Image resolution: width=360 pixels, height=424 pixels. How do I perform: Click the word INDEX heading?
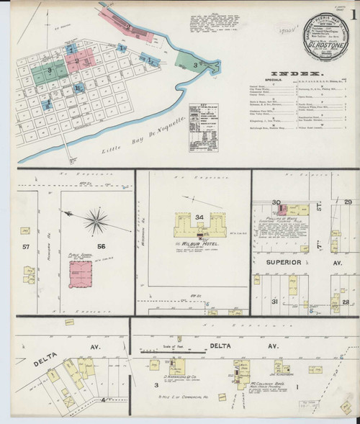click(x=296, y=73)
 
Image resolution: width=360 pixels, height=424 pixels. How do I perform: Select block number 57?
click(x=27, y=247)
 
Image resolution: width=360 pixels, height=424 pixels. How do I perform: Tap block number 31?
click(x=274, y=302)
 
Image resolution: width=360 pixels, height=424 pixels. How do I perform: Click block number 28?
click(x=346, y=302)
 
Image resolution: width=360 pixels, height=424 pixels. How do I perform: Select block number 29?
click(x=348, y=202)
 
